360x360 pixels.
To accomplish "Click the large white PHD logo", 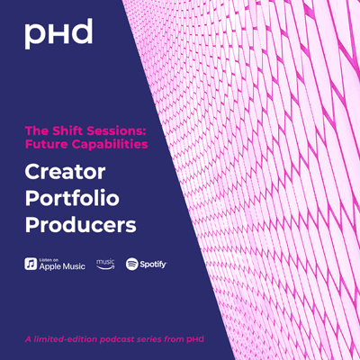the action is point(58,34).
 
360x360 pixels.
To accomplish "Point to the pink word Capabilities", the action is point(110,145).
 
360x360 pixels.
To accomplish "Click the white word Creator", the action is point(65,172).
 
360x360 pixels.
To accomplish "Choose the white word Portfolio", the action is point(72,198).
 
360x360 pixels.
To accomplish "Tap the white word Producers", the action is point(81,225).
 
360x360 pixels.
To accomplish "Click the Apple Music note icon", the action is point(31,264).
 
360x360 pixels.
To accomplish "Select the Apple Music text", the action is point(62,266).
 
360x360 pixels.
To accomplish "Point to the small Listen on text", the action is point(49,260).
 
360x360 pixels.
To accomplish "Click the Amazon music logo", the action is point(105,264).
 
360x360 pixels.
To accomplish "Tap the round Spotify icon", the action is point(132,264).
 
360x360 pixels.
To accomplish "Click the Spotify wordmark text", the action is point(153,265).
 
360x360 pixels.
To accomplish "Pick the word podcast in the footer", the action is point(117,339).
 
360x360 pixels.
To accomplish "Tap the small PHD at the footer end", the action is point(195,339).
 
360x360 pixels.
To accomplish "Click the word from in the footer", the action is point(174,339).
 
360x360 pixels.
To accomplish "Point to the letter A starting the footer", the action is point(28,339).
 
